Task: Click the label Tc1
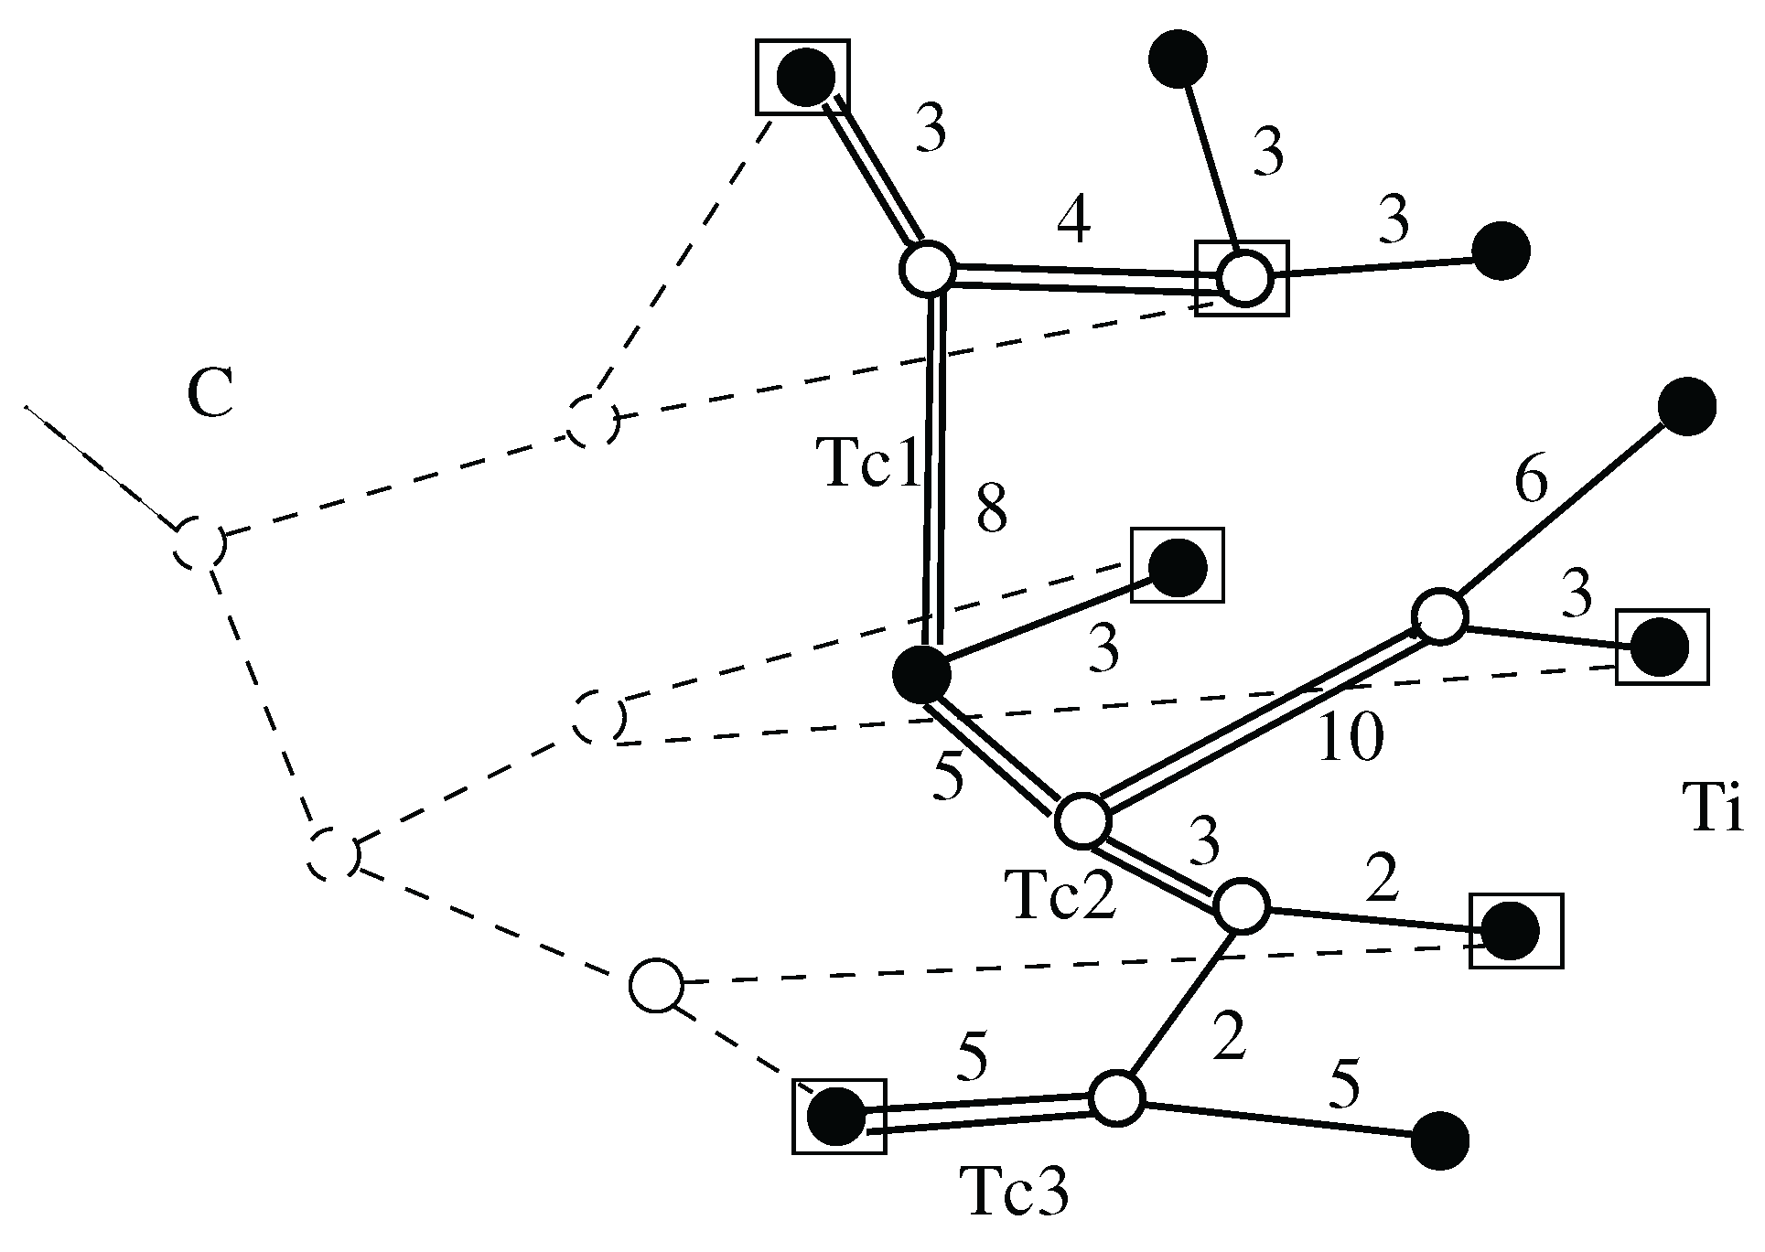pyautogui.click(x=868, y=464)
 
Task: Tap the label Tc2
pyautogui.click(x=1060, y=894)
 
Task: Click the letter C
pyautogui.click(x=210, y=394)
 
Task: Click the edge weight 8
pyautogui.click(x=992, y=510)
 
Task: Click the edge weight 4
pyautogui.click(x=1074, y=222)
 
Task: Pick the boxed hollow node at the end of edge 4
pyautogui.click(x=1243, y=278)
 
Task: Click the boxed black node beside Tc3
pyautogui.click(x=837, y=1116)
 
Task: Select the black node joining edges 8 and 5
pyautogui.click(x=921, y=674)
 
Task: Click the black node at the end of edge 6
pyautogui.click(x=1686, y=406)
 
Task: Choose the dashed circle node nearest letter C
pyautogui.click(x=199, y=542)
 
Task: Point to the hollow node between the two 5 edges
pyautogui.click(x=1116, y=1097)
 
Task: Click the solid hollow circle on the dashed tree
pyautogui.click(x=656, y=985)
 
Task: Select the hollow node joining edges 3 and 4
pyautogui.click(x=928, y=269)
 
